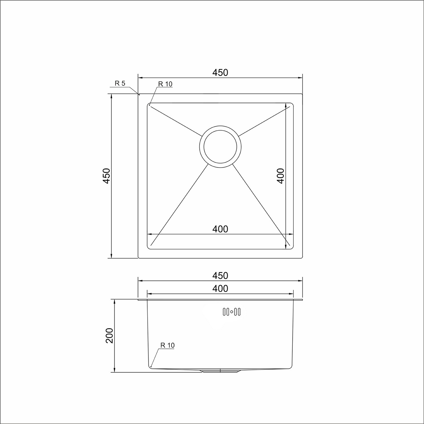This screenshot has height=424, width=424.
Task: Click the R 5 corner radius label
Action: point(120,83)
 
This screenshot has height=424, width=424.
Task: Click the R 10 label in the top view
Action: point(165,84)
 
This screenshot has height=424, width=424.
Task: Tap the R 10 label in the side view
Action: point(168,345)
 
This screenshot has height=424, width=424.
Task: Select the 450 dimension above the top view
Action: point(220,73)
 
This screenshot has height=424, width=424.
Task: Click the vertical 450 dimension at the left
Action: point(106,176)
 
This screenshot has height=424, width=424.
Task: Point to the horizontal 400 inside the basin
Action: point(220,229)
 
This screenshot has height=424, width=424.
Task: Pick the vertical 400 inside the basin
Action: point(280,176)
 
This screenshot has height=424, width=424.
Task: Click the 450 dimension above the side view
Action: point(220,276)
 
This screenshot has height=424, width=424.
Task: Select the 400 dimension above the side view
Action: point(220,289)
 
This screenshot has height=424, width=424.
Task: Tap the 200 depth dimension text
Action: point(109,336)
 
